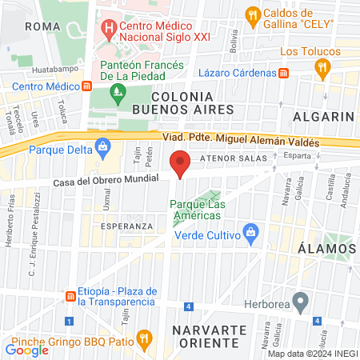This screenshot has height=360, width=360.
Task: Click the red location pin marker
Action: [x=181, y=162]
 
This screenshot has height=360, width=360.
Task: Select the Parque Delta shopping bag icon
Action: [x=102, y=147]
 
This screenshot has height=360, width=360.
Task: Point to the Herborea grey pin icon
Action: [x=301, y=302]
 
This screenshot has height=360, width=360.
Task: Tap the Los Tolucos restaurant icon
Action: [x=322, y=69]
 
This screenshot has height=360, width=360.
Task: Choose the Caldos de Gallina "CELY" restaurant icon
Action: [x=252, y=14]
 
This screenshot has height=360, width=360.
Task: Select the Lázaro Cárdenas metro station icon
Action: [x=283, y=73]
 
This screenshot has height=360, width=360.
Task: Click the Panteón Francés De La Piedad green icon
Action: [x=118, y=93]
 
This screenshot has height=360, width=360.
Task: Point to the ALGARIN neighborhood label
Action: [x=323, y=117]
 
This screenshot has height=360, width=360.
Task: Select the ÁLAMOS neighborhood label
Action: [x=327, y=248]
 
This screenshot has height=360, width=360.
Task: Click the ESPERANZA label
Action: [x=126, y=226]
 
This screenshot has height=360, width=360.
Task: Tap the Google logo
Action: [x=26, y=349]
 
